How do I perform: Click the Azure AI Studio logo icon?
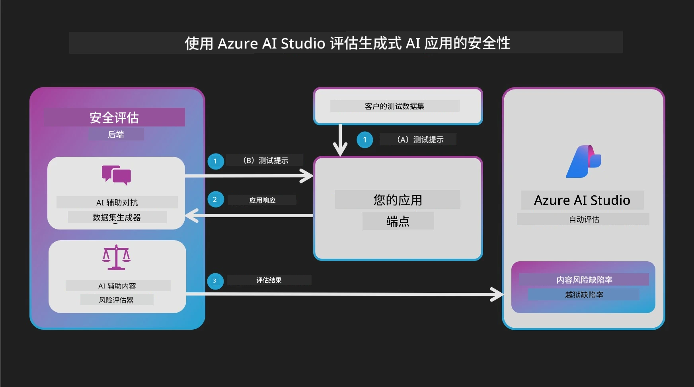(583, 161)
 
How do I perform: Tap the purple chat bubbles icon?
(116, 175)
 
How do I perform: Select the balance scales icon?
(116, 257)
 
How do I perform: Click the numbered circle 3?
(215, 281)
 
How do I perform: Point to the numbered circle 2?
(215, 199)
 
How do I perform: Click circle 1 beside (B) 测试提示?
(216, 161)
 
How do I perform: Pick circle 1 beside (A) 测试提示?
(365, 140)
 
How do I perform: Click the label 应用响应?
(262, 200)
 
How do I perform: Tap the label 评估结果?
(269, 280)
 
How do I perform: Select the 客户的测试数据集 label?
(394, 106)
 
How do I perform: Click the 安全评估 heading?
(114, 117)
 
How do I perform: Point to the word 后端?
(116, 134)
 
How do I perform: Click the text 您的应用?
(398, 200)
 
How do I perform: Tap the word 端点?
(398, 221)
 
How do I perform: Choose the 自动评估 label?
(584, 219)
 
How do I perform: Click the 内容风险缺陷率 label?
(584, 280)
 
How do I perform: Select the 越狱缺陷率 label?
(584, 295)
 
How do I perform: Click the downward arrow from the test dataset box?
(340, 140)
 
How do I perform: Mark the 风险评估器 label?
(116, 300)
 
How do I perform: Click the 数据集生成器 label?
(117, 217)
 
